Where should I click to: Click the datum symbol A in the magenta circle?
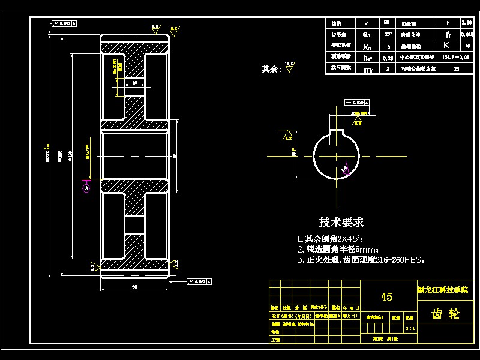[86, 188]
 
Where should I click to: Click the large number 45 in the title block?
[387, 297]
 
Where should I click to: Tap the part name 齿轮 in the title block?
[445, 314]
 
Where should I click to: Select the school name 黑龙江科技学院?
[445, 289]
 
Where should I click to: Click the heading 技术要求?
[341, 223]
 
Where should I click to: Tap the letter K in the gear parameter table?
[446, 45]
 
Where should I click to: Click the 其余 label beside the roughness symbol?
[271, 69]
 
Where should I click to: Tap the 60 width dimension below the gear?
[135, 287]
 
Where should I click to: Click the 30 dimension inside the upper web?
[134, 83]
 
